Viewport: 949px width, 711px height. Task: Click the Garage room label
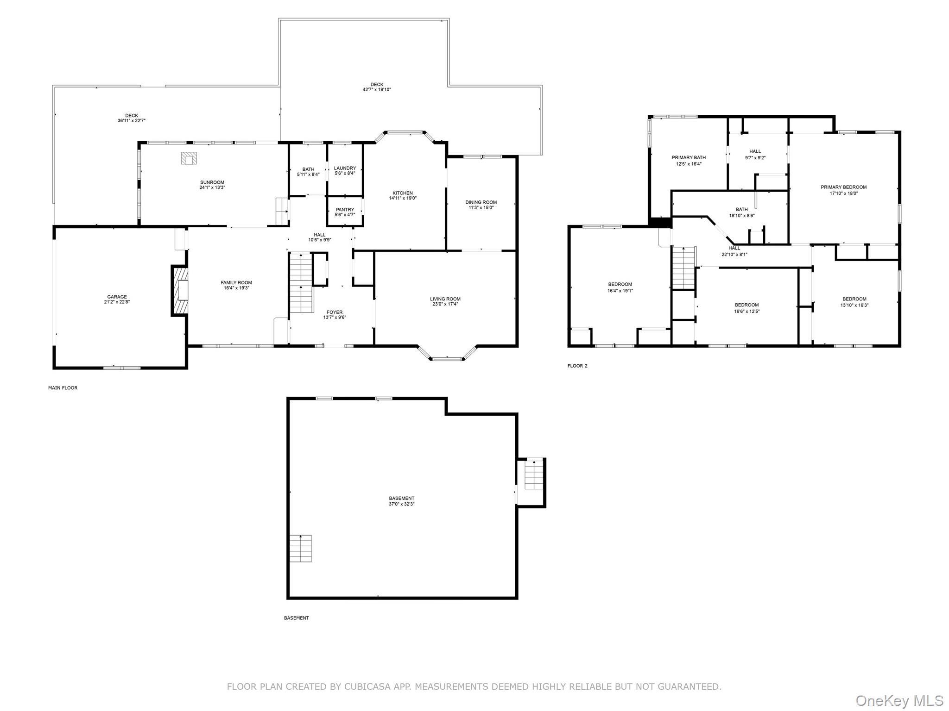pos(117,297)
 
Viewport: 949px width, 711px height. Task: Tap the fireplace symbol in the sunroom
pos(189,158)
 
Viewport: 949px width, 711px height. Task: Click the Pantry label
pos(345,210)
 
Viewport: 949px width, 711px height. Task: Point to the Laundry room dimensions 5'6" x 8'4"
pos(345,174)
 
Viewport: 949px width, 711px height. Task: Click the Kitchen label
pos(402,193)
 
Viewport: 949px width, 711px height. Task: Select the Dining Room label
pos(481,202)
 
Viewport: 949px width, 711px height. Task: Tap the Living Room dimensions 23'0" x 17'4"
pos(445,305)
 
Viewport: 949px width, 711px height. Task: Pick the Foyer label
pos(335,312)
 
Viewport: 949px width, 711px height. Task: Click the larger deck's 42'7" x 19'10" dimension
pos(377,90)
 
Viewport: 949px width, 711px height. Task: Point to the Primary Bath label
pos(689,157)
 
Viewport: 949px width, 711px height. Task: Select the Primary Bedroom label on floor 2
pos(843,187)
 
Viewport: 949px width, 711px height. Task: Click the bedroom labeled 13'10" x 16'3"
pos(854,302)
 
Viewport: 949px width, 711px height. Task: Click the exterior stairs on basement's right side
pos(534,474)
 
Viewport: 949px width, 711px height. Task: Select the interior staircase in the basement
pos(301,548)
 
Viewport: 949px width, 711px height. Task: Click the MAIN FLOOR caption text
pos(63,388)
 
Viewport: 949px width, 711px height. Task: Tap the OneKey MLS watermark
pos(899,700)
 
